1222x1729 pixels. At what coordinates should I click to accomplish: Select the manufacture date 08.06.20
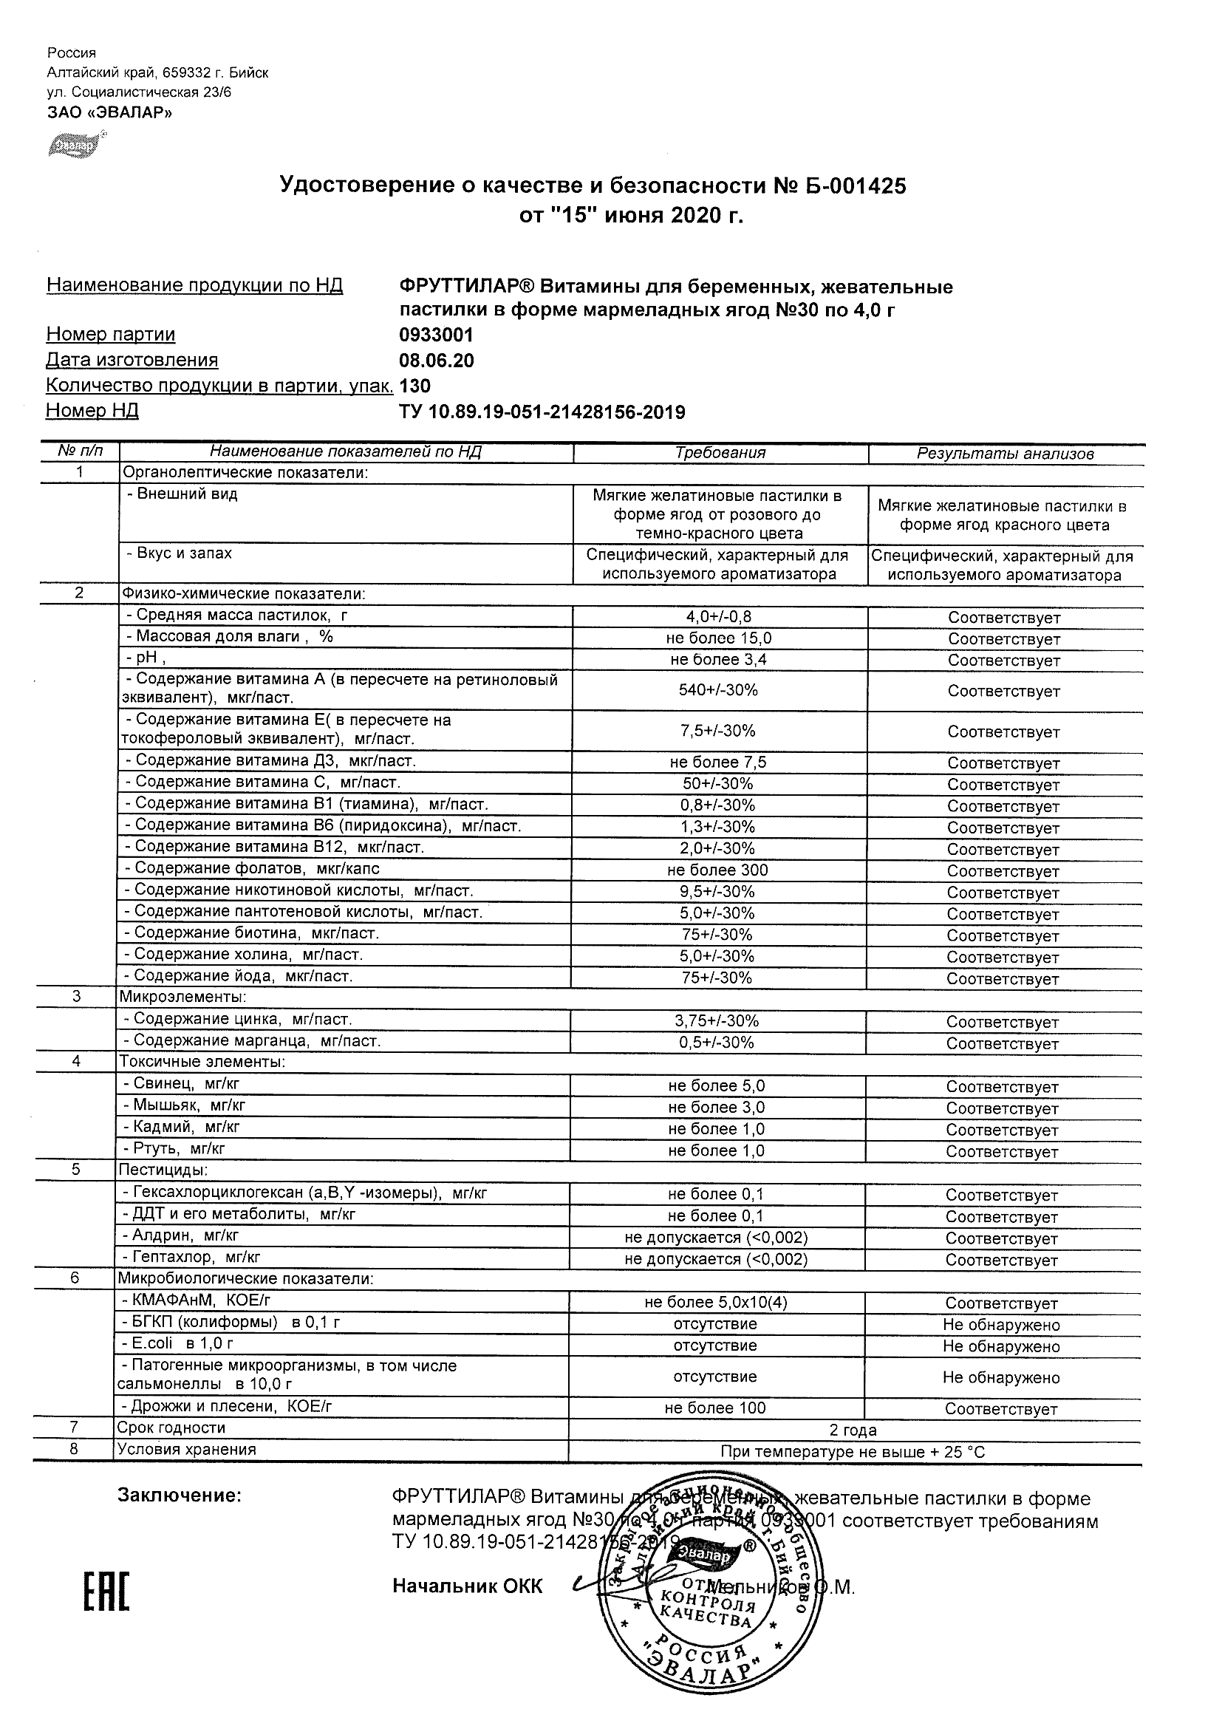436,361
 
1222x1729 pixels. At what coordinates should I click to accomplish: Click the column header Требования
720,453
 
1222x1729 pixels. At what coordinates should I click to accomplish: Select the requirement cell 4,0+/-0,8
718,618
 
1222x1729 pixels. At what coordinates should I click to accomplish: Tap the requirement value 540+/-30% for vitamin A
718,690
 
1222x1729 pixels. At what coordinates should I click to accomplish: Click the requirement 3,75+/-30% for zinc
717,1021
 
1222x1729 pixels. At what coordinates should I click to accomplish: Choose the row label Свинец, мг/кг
181,1085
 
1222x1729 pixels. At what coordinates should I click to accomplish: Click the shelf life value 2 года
853,1430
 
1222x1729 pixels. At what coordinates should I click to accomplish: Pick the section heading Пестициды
162,1170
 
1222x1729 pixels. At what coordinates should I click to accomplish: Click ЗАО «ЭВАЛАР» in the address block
109,113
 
